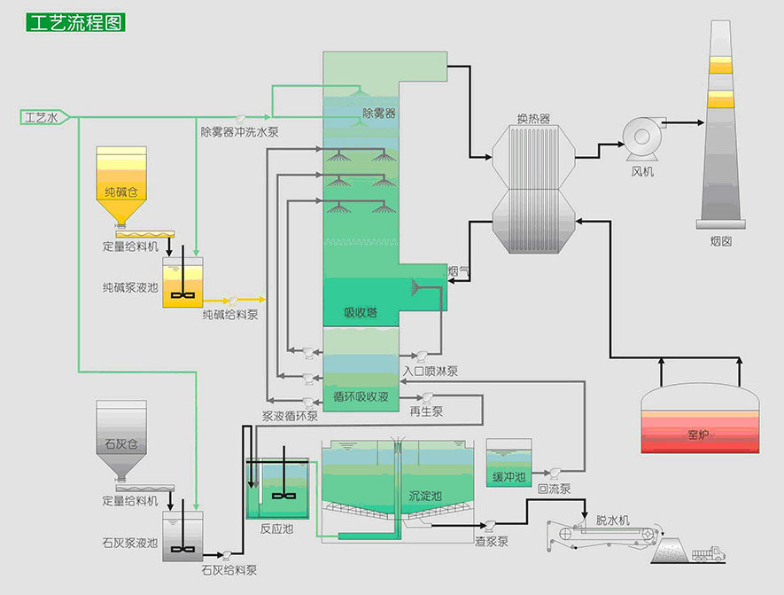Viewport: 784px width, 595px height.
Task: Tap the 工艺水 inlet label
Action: click(42, 117)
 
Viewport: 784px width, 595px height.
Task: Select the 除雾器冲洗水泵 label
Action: click(239, 133)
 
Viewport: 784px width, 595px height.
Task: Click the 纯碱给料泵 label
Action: click(229, 315)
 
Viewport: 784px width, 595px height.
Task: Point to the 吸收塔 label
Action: click(361, 312)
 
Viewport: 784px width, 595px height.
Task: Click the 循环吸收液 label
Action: click(360, 396)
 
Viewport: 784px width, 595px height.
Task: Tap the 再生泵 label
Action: click(425, 411)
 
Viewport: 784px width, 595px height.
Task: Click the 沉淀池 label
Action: click(424, 495)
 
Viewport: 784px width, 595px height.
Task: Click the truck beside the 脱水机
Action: click(708, 554)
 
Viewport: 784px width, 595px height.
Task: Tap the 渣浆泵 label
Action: click(490, 541)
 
